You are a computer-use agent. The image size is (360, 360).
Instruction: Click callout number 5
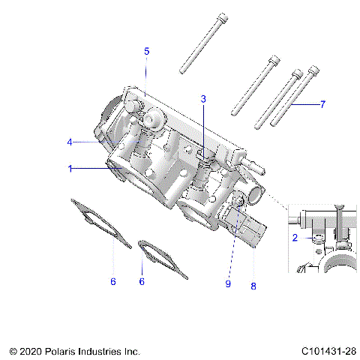pyautogui.click(x=147, y=51)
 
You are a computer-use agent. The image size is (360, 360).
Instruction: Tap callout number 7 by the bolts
pyautogui.click(x=322, y=104)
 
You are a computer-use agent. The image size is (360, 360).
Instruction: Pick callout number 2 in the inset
pyautogui.click(x=295, y=237)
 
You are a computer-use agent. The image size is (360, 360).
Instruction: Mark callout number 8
pyautogui.click(x=253, y=285)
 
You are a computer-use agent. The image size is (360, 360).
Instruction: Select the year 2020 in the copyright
pyautogui.click(x=31, y=350)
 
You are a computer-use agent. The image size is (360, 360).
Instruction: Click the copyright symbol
pyautogui.click(x=13, y=350)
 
